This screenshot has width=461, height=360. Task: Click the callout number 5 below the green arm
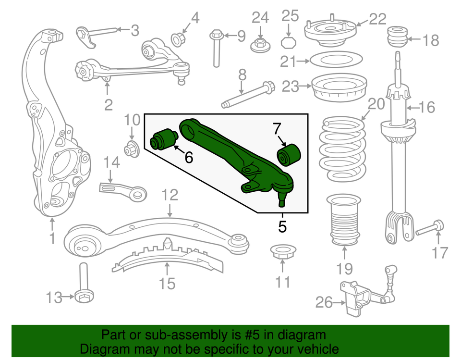282,226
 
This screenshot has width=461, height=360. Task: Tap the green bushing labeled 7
289,154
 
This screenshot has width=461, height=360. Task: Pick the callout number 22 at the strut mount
377,19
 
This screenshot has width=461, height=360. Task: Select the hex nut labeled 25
288,42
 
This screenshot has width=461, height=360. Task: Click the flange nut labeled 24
260,45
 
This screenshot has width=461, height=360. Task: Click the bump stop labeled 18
398,37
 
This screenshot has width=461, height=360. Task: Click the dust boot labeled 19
343,219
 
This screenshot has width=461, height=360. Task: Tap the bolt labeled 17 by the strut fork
429,228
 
